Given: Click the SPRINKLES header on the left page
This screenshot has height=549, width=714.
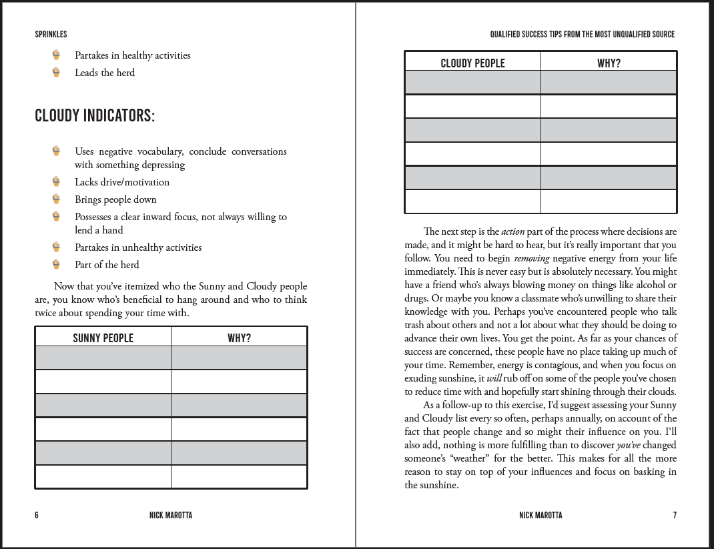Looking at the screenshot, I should [x=51, y=35].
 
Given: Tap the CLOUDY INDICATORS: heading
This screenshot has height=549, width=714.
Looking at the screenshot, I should [x=95, y=116].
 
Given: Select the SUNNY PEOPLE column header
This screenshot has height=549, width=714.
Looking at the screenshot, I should [x=103, y=338].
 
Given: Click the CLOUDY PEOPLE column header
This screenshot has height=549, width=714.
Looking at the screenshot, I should [x=472, y=63].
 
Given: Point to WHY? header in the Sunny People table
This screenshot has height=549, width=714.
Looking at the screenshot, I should [x=239, y=338].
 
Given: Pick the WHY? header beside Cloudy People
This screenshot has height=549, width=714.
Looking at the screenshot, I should [x=609, y=63].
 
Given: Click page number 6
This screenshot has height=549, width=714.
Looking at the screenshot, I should [x=37, y=515].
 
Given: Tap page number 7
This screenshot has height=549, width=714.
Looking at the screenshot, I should [x=675, y=515].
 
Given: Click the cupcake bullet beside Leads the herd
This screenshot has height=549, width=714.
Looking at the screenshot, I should [x=57, y=72].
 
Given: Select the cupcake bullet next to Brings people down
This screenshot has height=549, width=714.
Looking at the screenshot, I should [x=57, y=199].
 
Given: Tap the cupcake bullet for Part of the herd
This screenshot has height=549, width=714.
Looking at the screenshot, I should [x=57, y=264].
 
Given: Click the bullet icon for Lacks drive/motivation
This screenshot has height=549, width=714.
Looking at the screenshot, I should [x=57, y=181].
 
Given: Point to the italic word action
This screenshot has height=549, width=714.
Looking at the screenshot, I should [x=512, y=232].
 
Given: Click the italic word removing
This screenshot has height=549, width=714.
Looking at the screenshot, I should [x=531, y=258].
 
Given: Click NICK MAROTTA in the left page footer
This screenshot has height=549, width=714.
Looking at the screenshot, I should [x=171, y=515].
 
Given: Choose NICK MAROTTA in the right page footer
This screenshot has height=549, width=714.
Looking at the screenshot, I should [x=541, y=515].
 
